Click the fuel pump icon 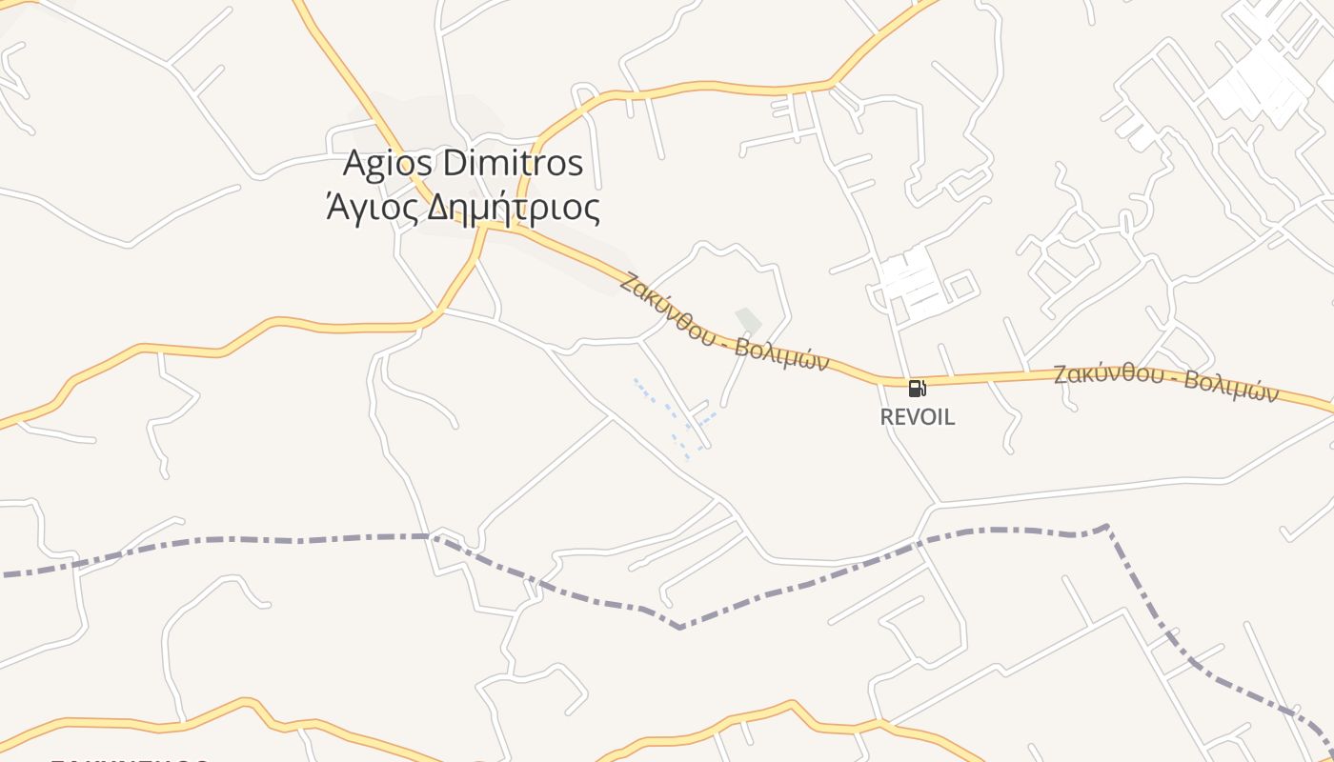[917, 388]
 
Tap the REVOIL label [917, 417]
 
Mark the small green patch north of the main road [748, 321]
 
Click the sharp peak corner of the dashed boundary [1105, 525]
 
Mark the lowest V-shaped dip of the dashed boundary [679, 628]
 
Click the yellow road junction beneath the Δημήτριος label [486, 227]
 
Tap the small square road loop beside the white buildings [960, 285]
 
